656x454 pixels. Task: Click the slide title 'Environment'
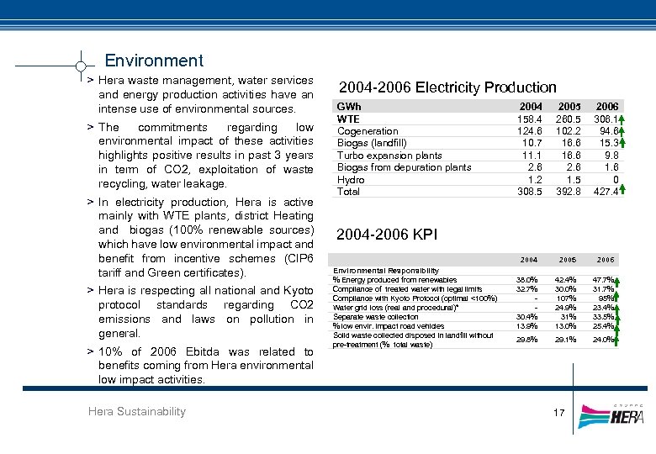point(153,61)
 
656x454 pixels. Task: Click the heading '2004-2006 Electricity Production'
point(447,87)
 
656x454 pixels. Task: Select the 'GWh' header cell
point(348,107)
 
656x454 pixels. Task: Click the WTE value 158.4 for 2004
point(529,119)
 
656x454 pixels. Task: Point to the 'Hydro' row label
point(350,179)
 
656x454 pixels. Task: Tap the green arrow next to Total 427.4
point(620,192)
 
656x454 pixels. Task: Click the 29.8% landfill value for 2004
point(527,339)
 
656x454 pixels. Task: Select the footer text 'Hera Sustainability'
point(136,411)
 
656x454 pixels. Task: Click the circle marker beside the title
point(80,65)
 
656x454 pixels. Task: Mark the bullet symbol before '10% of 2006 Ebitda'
point(90,351)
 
